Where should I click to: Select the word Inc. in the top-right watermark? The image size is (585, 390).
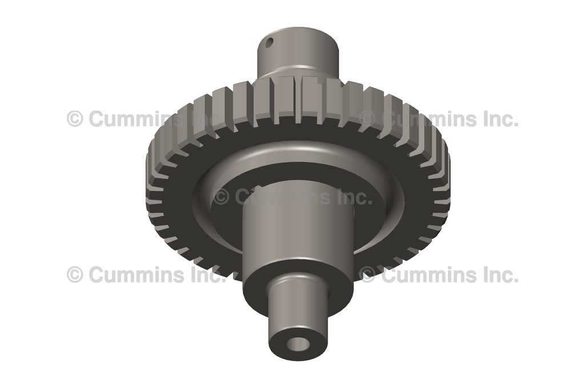click(x=496, y=119)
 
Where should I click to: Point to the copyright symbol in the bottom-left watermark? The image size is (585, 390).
click(x=75, y=274)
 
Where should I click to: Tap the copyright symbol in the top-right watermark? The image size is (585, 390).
click(x=367, y=119)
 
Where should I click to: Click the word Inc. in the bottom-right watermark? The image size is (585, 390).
click(x=496, y=274)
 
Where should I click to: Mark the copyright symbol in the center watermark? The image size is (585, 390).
click(x=221, y=197)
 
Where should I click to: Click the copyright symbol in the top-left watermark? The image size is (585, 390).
click(x=75, y=119)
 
